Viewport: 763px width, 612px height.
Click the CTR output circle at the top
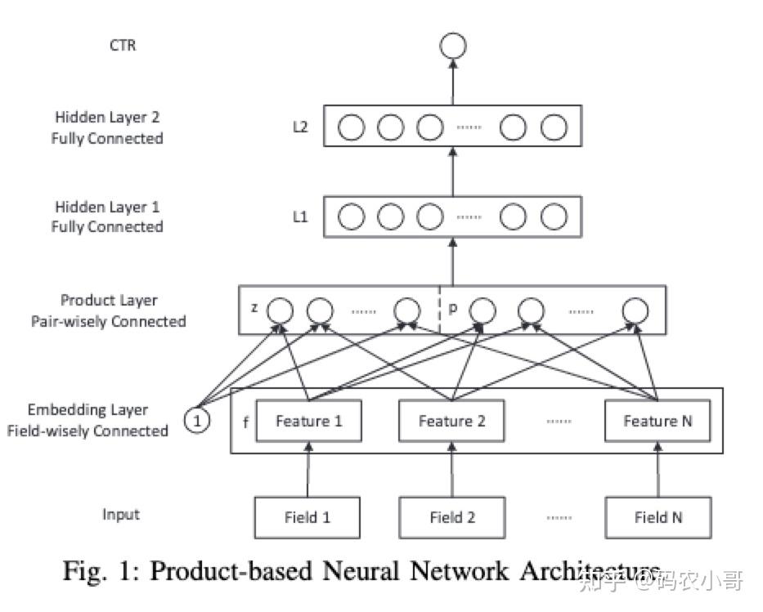(452, 46)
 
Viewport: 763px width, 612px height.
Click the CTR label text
(123, 45)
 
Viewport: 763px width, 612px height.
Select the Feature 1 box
(308, 421)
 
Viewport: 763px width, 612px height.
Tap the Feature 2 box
(451, 421)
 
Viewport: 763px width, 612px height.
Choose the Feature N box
(658, 421)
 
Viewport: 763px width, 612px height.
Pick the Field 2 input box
(452, 516)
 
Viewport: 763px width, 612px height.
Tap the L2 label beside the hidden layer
(300, 127)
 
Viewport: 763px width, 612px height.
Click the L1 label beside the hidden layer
(300, 217)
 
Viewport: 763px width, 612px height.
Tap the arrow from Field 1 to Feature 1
(309, 469)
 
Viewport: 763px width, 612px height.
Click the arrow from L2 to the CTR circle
(452, 82)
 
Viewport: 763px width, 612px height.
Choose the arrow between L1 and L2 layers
(452, 171)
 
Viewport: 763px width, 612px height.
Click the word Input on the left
(121, 515)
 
